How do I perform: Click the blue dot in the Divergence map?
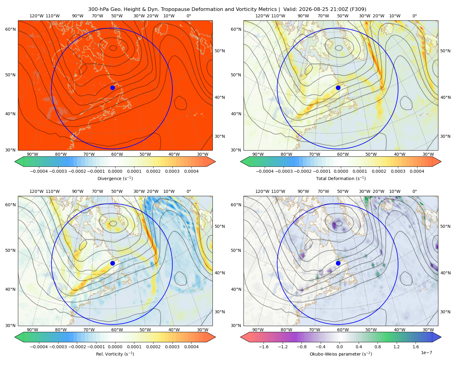click(112, 88)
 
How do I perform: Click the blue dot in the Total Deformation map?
click(338, 88)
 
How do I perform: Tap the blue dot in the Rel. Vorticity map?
click(112, 263)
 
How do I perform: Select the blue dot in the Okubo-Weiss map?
click(338, 263)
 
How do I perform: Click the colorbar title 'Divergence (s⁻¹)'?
click(115, 178)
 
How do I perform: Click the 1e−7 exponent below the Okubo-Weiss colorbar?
click(426, 353)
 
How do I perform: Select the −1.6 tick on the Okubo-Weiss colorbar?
click(264, 346)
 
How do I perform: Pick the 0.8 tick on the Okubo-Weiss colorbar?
click(378, 346)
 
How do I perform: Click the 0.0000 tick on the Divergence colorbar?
click(115, 171)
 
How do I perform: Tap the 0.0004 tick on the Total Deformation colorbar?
click(417, 171)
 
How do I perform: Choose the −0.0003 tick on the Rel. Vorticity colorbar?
click(58, 346)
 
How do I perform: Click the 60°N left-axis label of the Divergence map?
click(10, 29)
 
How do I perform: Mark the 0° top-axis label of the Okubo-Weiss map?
click(414, 191)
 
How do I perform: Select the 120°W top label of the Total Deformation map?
click(262, 16)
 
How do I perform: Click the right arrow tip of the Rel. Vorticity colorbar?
click(216, 337)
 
